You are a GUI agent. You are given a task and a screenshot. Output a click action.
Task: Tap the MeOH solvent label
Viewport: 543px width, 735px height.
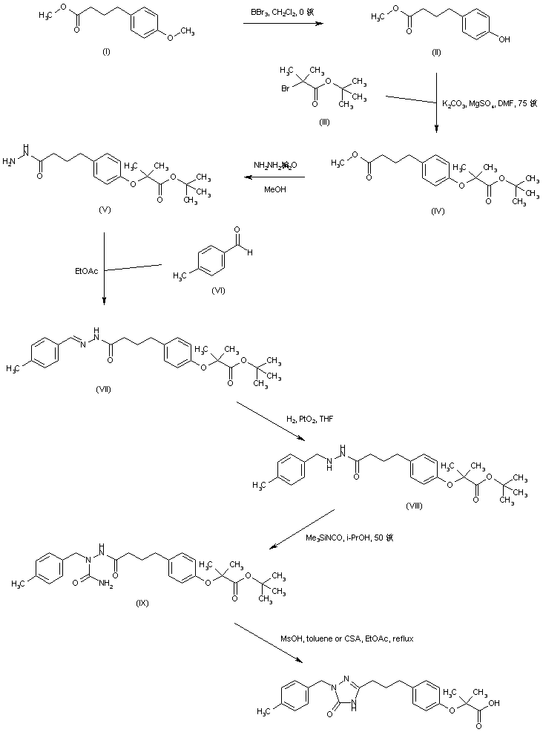(274, 189)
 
